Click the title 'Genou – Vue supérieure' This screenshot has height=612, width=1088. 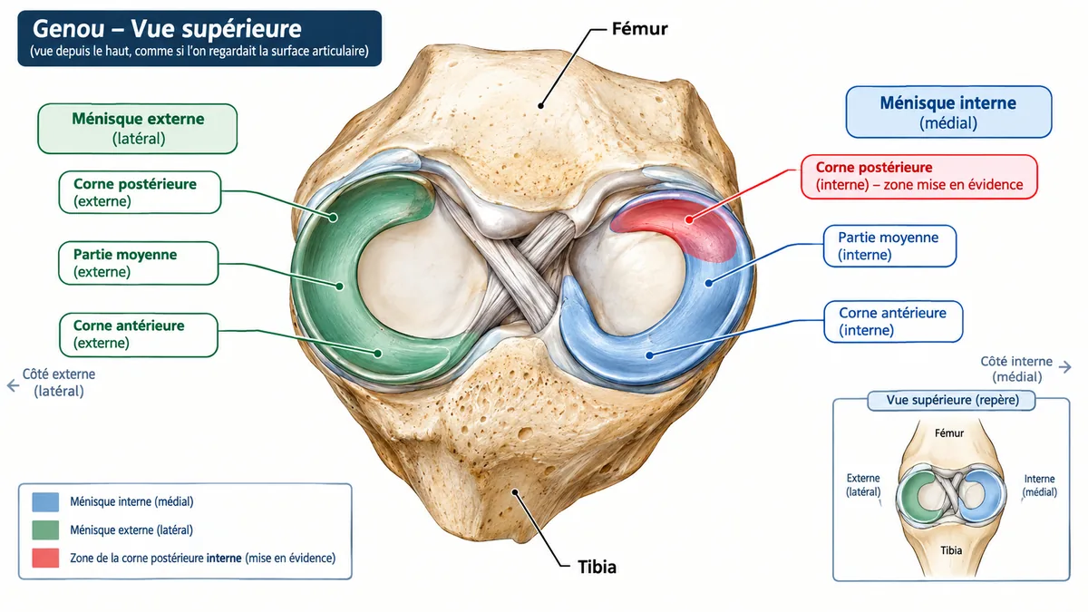[167, 29]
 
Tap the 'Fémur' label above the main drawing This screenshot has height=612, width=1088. [639, 29]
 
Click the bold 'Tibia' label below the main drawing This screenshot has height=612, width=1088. [597, 567]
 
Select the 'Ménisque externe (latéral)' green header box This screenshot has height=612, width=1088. [138, 129]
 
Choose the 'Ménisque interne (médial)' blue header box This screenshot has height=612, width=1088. [948, 112]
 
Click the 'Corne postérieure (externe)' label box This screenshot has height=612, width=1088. [140, 192]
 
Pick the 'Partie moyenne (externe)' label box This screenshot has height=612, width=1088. [139, 263]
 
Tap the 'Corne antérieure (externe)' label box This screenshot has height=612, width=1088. [139, 335]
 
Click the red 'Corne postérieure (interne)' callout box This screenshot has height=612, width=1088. [919, 176]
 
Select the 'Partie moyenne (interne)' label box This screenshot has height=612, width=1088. [889, 246]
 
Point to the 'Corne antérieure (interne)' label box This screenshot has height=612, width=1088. [893, 322]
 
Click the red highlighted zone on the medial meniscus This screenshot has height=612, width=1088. [680, 222]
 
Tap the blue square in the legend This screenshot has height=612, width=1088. [45, 501]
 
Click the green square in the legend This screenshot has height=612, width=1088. [45, 529]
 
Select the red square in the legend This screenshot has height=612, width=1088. [45, 559]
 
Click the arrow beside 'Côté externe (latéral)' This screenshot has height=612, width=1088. [13, 385]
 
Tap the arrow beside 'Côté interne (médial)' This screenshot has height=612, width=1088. [1064, 367]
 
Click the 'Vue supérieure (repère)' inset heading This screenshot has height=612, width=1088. [951, 400]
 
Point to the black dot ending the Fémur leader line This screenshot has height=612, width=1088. [540, 105]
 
